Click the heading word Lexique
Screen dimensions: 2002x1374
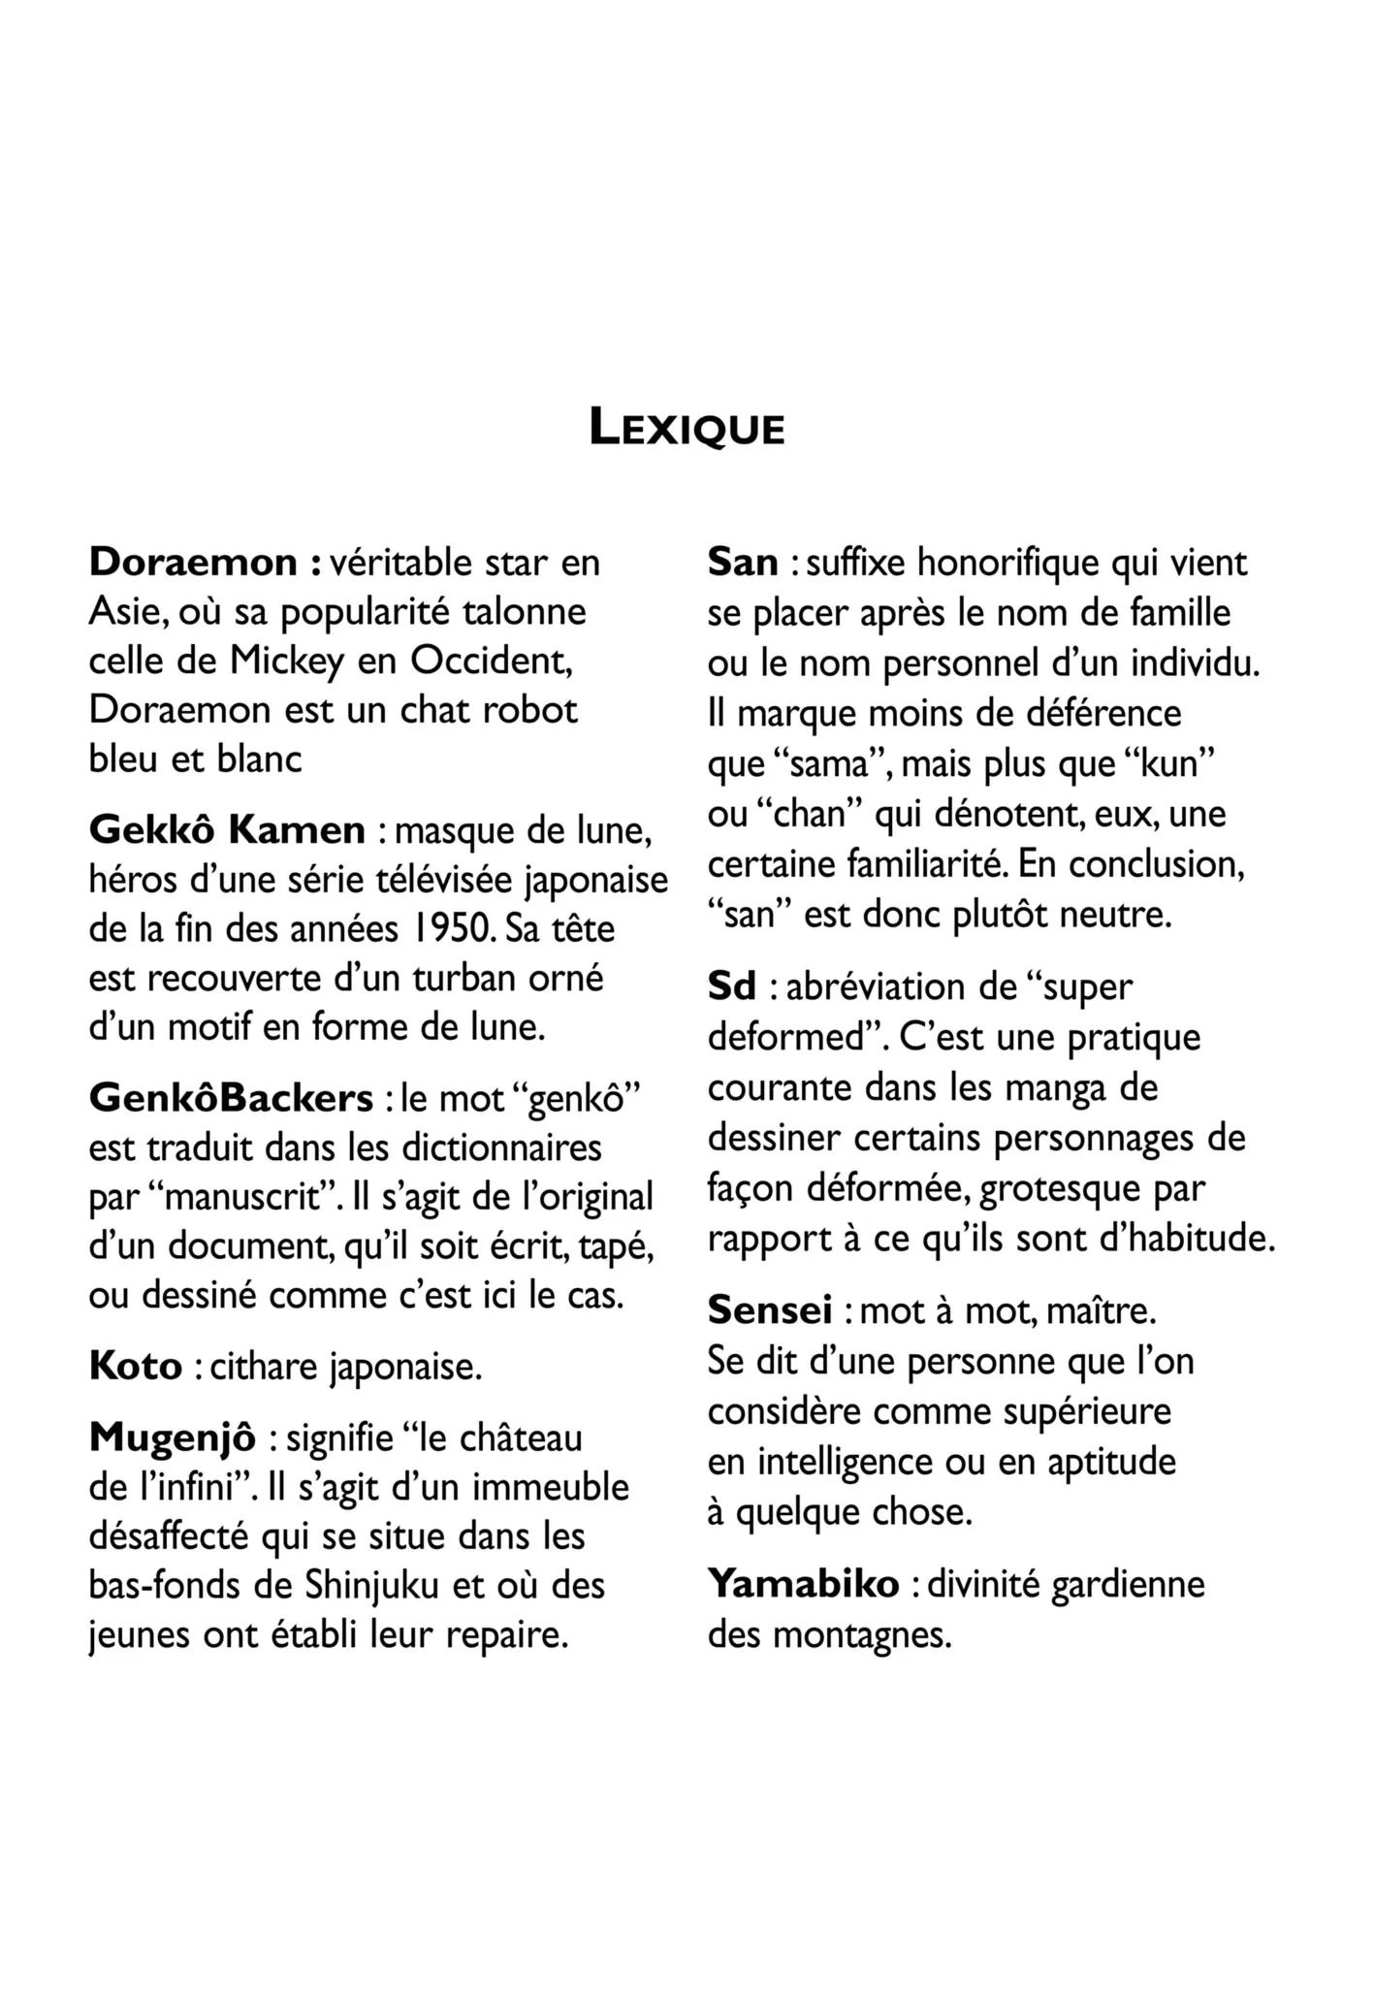tap(687, 429)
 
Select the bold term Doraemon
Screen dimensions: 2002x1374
tap(193, 562)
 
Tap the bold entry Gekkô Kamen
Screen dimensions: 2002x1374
tap(227, 829)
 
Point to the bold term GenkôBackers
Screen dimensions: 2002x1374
tap(231, 1098)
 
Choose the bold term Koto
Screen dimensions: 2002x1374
tap(136, 1366)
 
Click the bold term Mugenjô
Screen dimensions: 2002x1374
tap(173, 1437)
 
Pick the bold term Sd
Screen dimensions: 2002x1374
tap(731, 986)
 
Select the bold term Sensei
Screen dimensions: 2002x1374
tap(770, 1310)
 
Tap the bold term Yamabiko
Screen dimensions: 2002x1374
tap(804, 1584)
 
